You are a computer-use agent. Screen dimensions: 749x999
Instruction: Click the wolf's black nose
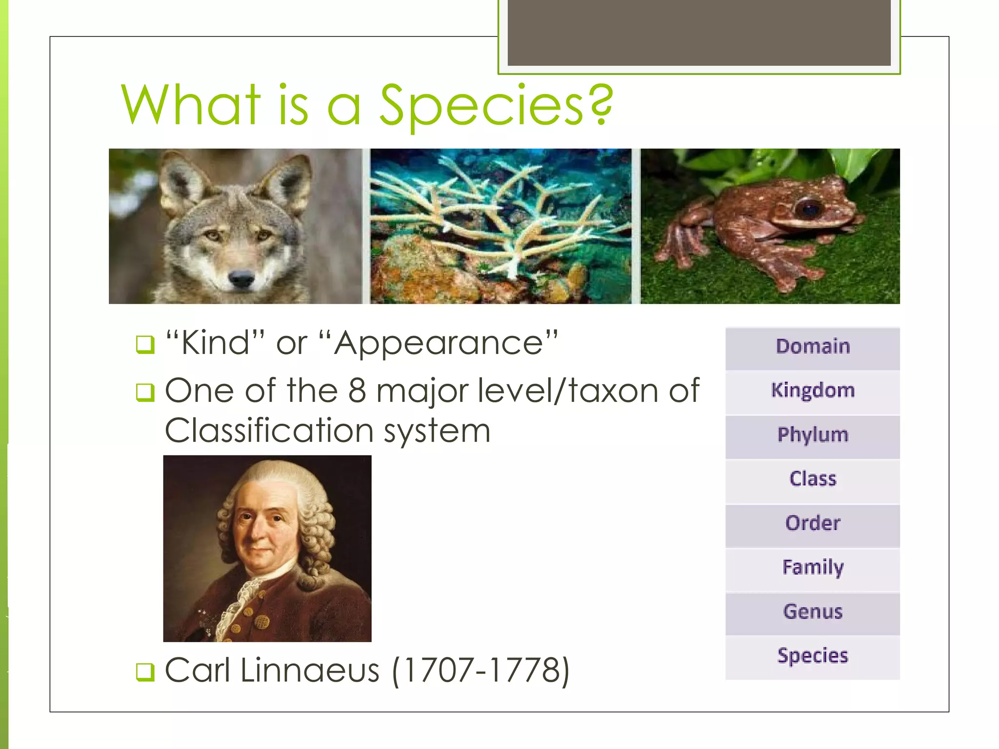click(x=241, y=279)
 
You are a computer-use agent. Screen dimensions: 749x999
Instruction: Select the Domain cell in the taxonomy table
click(x=812, y=347)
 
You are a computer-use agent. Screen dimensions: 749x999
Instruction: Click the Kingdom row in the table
click(x=812, y=391)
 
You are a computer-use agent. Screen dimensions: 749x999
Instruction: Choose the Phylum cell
click(x=812, y=435)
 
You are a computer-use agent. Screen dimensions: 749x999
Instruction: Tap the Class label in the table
click(x=812, y=479)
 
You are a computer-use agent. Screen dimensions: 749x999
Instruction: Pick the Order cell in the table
click(x=812, y=523)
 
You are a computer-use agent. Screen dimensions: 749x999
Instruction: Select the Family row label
click(x=812, y=568)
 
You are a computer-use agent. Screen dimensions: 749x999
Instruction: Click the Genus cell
click(x=812, y=611)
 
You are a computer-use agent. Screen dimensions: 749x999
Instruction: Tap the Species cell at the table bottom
click(x=812, y=656)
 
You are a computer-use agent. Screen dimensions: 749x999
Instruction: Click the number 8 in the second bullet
click(x=357, y=391)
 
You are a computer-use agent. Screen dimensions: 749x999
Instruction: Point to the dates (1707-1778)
click(x=480, y=671)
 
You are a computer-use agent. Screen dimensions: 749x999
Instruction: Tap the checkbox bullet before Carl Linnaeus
click(x=145, y=672)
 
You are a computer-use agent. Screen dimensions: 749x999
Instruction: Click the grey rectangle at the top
click(x=699, y=32)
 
